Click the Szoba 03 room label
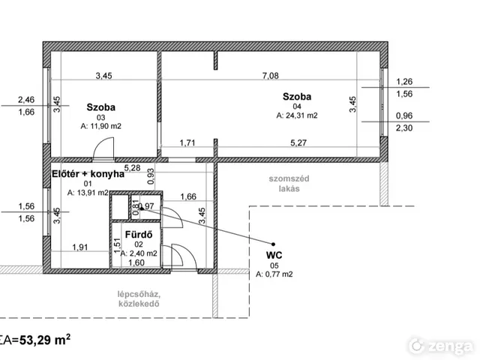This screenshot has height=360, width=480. pos(101,107)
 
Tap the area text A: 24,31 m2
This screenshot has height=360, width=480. pos(297,115)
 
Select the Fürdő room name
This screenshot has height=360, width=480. pos(139,235)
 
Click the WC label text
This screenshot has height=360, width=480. pos(274,255)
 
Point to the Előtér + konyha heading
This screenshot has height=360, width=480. pos(88,174)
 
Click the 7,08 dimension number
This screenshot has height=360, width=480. pos(271,76)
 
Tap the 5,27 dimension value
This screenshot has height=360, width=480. pos(298,142)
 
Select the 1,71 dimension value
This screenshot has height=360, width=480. pos(187,142)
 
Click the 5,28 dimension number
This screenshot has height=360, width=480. pos(132,168)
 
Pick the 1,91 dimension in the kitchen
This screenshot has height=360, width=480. pos(80,247)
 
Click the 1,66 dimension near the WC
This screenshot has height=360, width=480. pos(188,196)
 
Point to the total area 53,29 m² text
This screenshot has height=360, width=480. pos(45,340)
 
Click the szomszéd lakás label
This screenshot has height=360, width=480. pos(289,183)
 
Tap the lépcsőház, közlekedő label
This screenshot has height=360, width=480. pos(139,299)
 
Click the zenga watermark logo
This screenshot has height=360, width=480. pos(441,346)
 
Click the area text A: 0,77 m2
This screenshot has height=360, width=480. pos(274,274)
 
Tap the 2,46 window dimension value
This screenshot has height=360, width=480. pos(26,100)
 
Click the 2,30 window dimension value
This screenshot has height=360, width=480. pos(404,127)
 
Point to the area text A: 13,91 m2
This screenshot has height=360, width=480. pos(88,193)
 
